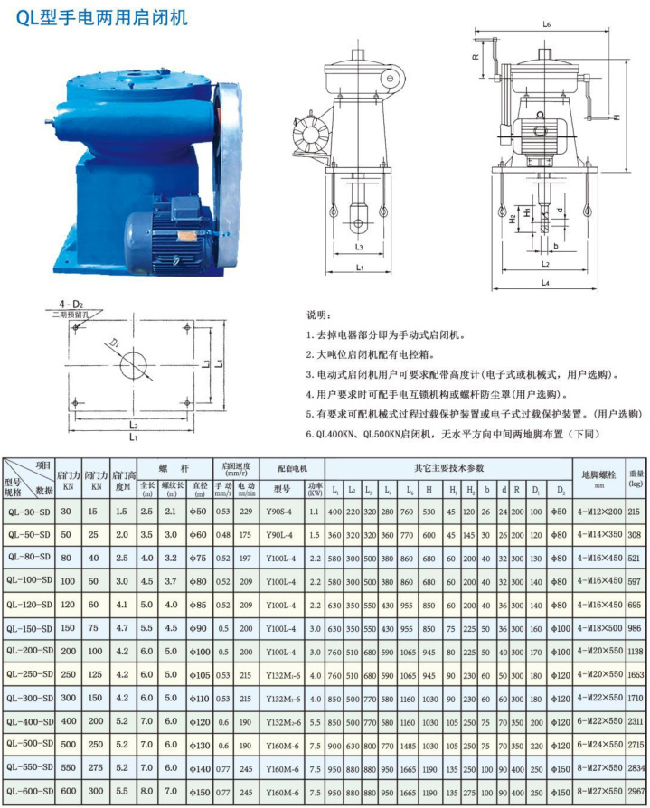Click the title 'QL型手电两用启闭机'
click(x=103, y=17)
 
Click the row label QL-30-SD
click(x=28, y=512)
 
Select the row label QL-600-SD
click(x=28, y=792)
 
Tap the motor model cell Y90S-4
click(x=278, y=512)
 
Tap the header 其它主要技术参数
click(x=449, y=469)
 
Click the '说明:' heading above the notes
click(x=320, y=315)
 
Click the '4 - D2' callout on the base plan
click(x=71, y=302)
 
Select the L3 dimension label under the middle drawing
click(x=359, y=246)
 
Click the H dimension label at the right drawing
click(x=617, y=117)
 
